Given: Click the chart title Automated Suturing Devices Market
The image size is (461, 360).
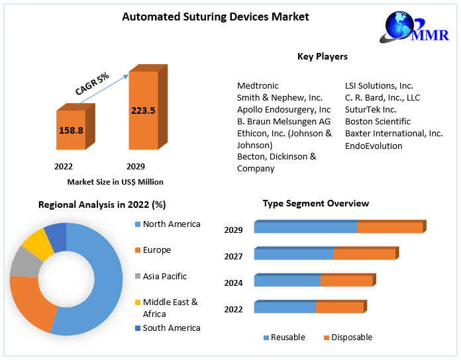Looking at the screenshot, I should (215, 17).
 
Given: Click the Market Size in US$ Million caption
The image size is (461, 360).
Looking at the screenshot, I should (115, 181).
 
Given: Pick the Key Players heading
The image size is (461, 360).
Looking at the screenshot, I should (323, 56).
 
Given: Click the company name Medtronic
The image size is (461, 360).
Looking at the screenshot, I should (258, 85).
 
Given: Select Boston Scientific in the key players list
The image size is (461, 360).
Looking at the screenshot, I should (378, 121).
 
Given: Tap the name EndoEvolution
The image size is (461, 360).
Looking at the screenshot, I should (374, 146).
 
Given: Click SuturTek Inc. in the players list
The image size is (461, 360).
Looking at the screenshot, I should (371, 109).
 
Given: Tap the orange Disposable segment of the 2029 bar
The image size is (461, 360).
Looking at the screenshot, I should (389, 228).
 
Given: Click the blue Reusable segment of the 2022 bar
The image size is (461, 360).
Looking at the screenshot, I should (285, 307).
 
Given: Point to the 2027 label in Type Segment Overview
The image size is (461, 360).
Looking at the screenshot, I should (233, 256).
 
